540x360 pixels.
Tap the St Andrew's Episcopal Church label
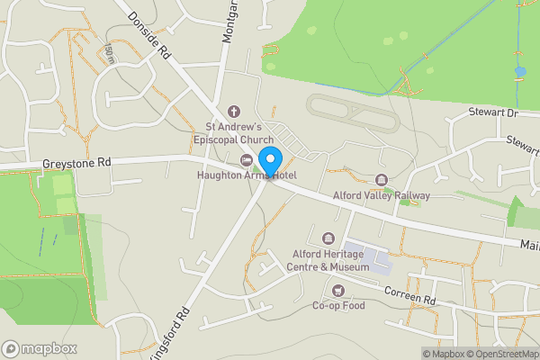point(233,133)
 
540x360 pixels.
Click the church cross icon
point(234,112)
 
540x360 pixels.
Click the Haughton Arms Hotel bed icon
point(247,161)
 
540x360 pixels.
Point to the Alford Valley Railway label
point(382,195)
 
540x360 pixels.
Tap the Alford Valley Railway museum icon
point(382,180)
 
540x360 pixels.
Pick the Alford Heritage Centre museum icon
point(328,238)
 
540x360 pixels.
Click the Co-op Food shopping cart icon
point(337,291)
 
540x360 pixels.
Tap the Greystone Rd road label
point(76,163)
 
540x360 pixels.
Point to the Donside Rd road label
point(148,35)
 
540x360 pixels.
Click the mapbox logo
point(39,348)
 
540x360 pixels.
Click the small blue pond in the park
point(519,71)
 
